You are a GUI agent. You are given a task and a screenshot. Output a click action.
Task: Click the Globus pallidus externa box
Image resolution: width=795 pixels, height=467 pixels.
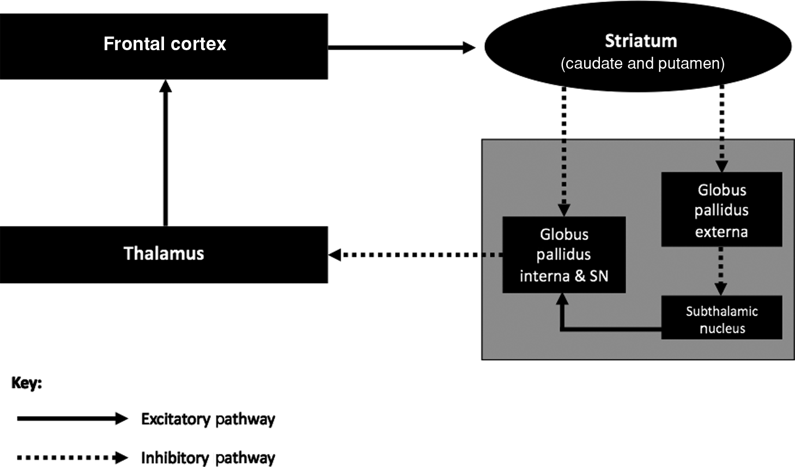point(721,210)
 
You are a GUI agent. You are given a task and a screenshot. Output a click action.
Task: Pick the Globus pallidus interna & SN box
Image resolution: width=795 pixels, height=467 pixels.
point(563,255)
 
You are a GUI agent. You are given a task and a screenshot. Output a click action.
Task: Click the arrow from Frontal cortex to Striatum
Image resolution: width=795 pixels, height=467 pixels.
point(401,48)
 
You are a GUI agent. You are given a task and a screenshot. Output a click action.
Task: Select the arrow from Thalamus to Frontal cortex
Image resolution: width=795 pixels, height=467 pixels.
point(166,153)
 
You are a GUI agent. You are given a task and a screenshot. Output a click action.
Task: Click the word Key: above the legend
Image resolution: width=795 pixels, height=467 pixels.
point(26,383)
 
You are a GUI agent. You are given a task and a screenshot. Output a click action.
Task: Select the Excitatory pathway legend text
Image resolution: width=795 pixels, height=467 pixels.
point(208,419)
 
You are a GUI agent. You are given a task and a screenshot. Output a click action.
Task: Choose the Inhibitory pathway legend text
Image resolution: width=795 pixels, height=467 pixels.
point(208,458)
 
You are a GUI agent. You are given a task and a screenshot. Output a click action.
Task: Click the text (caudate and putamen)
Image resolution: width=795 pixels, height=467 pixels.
point(642,64)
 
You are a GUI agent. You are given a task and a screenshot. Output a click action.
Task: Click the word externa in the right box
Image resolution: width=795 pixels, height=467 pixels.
point(721,232)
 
